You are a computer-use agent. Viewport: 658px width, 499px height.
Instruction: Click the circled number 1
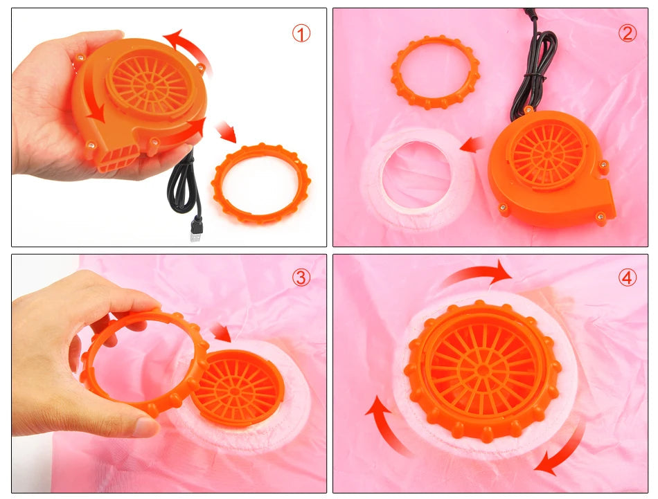[x=301, y=33]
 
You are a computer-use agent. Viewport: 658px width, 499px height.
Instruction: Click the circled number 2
[x=627, y=33]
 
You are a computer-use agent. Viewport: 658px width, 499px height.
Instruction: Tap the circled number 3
[x=301, y=277]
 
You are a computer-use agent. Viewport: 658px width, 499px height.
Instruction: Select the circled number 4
[x=627, y=278]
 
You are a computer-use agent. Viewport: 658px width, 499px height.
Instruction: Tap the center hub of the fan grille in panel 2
[x=547, y=155]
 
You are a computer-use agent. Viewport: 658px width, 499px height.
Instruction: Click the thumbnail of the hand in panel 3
[x=145, y=427]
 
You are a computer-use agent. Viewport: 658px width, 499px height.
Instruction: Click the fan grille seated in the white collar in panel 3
[x=238, y=388]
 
